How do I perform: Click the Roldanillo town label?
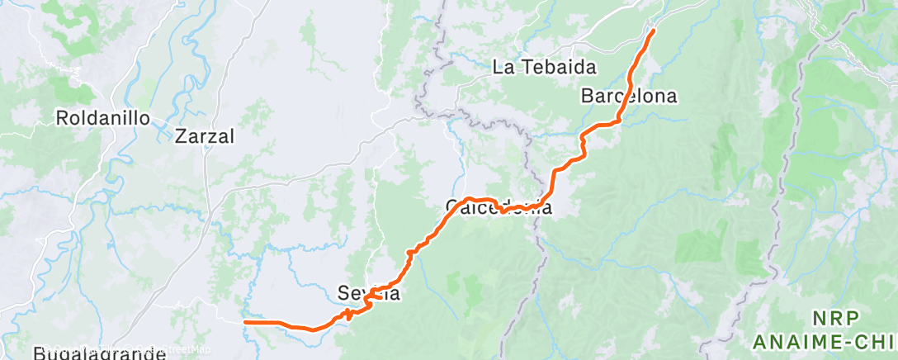point(103,118)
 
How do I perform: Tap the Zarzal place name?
point(206,136)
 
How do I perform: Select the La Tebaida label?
point(544,68)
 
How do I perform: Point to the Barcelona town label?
point(629,96)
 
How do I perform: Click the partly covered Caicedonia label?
point(499,206)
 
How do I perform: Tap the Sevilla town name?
point(369,292)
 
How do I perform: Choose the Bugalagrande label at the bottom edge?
point(100,353)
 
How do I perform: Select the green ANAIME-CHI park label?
point(825,341)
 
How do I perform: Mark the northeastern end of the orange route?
point(654,31)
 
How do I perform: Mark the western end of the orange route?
point(245,322)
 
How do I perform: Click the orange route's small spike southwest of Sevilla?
point(349,313)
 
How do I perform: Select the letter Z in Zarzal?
point(181,136)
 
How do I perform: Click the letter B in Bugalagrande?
point(40,353)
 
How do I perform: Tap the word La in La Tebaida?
point(503,68)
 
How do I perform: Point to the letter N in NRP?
point(819,319)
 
